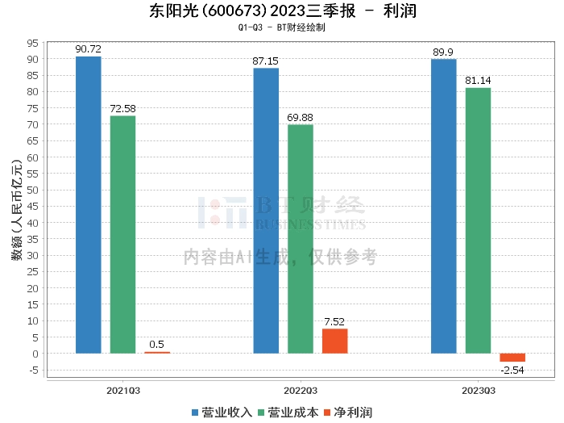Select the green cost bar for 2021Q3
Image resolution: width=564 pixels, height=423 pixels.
click(x=122, y=234)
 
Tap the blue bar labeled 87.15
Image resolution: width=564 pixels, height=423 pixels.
click(x=266, y=210)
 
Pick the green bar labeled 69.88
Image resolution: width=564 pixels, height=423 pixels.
click(x=301, y=239)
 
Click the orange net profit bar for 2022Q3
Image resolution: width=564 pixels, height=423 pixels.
click(x=334, y=341)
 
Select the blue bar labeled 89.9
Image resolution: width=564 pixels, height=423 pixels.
click(x=443, y=206)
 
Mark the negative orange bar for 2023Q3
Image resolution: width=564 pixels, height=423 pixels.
click(x=512, y=358)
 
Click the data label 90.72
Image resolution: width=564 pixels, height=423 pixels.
click(x=88, y=49)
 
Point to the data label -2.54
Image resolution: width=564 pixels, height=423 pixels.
click(x=512, y=369)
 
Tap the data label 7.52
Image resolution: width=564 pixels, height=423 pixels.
click(x=334, y=321)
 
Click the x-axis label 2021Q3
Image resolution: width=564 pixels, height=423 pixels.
click(x=123, y=390)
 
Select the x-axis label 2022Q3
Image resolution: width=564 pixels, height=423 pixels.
click(x=301, y=390)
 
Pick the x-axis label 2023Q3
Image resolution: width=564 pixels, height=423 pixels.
click(x=478, y=390)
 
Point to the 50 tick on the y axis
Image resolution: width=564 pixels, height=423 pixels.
click(x=34, y=190)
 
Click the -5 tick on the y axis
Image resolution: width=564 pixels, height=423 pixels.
click(x=34, y=370)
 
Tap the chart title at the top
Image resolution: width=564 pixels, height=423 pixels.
click(x=282, y=10)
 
